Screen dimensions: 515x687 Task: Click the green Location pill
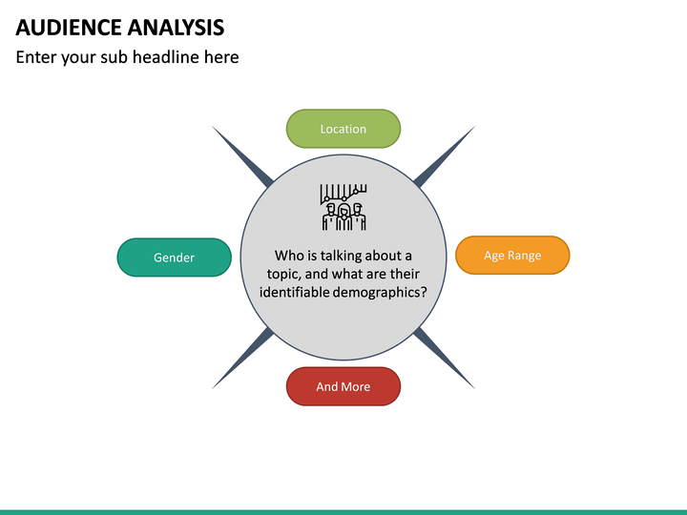(x=343, y=129)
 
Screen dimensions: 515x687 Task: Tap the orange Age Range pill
(x=512, y=256)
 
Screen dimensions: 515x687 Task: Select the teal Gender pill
(x=174, y=257)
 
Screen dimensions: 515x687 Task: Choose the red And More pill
(x=343, y=386)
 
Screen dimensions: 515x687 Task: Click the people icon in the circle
(x=343, y=207)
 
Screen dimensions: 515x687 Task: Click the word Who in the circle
(x=288, y=256)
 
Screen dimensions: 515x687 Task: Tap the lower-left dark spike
(x=241, y=360)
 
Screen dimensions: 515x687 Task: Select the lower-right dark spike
(x=446, y=360)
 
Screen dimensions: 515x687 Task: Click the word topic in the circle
(x=283, y=274)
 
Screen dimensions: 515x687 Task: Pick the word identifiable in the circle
(x=295, y=293)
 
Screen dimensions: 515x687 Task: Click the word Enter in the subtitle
(x=36, y=57)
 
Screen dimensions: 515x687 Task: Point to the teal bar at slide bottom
(x=343, y=511)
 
